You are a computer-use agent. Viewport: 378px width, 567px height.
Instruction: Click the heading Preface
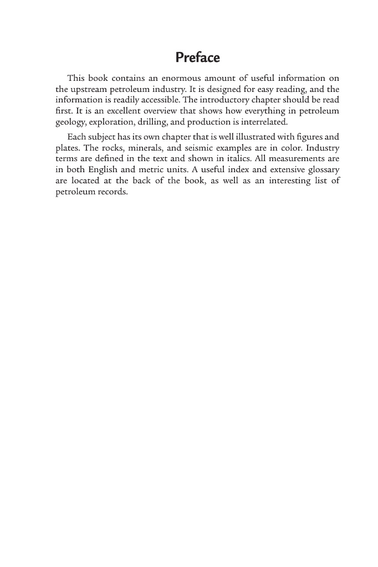(198, 58)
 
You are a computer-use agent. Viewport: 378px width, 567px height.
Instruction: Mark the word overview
(161, 111)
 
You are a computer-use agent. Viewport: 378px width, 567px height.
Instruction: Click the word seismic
(192, 147)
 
